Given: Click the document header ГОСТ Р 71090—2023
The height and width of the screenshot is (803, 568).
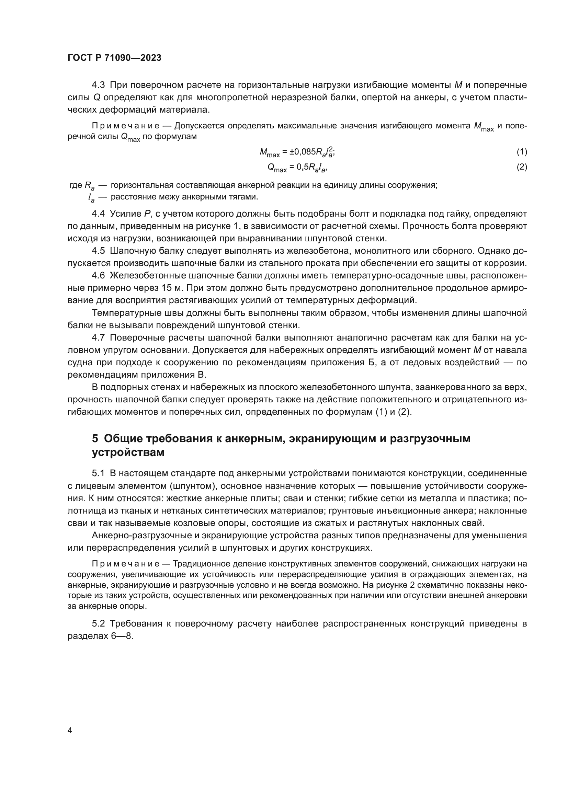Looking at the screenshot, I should pyautogui.click(x=114, y=58).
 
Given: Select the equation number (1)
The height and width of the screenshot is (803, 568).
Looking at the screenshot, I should pyautogui.click(x=522, y=152).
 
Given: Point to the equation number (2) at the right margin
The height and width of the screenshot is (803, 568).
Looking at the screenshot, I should pyautogui.click(x=522, y=167).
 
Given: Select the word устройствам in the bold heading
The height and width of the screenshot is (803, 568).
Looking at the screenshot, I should pyautogui.click(x=128, y=452).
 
